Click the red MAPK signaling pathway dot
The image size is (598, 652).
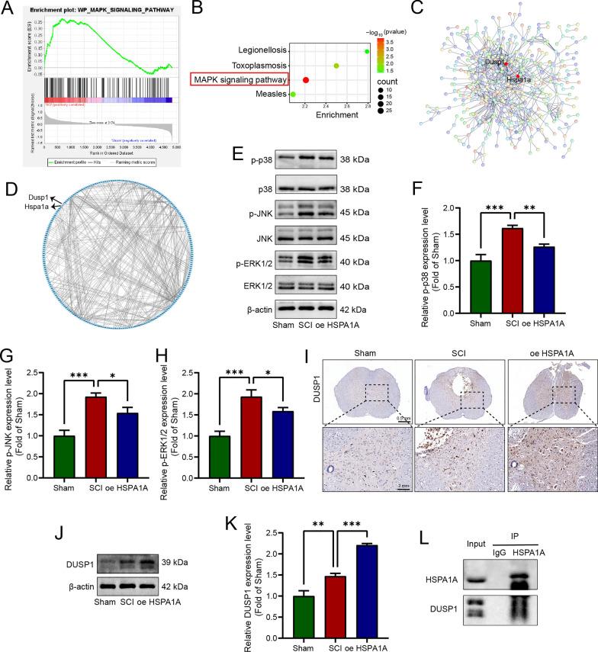pyautogui.click(x=306, y=79)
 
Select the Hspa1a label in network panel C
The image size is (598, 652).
pyautogui.click(x=516, y=77)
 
